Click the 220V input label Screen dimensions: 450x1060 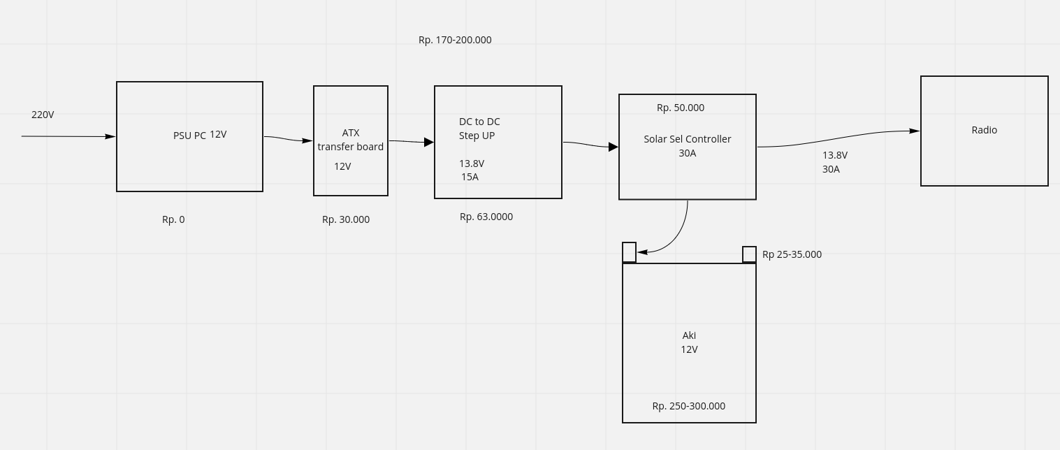(x=43, y=115)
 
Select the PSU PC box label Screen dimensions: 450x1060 (x=189, y=136)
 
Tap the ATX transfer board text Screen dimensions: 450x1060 (x=351, y=140)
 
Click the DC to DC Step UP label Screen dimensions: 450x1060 (x=479, y=129)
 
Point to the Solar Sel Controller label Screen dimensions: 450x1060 (x=688, y=139)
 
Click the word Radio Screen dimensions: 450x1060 (x=985, y=130)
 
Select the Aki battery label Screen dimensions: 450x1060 (x=689, y=335)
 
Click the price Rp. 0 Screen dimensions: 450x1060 (x=173, y=219)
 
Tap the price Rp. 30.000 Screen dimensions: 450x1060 (x=346, y=219)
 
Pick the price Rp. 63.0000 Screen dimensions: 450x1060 (x=486, y=217)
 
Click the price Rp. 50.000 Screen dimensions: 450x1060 (x=681, y=108)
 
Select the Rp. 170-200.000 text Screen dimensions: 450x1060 (x=455, y=40)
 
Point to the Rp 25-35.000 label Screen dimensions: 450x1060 (x=792, y=254)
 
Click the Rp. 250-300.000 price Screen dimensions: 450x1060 (x=689, y=406)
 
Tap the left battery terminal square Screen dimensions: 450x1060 (x=629, y=252)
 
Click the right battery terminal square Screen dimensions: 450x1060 (x=749, y=254)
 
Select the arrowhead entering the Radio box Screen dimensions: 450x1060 (x=915, y=131)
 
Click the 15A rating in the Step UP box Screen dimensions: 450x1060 (x=470, y=177)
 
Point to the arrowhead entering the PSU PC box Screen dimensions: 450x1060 (x=110, y=136)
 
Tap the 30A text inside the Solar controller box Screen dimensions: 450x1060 (x=688, y=153)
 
